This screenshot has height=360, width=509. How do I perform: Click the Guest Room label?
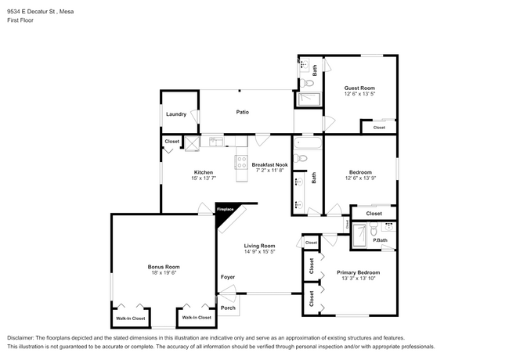(359, 88)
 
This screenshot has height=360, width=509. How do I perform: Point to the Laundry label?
(175, 114)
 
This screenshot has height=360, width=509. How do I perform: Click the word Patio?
(243, 112)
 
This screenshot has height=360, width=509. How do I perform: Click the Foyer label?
(227, 277)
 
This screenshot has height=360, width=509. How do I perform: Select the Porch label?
(228, 308)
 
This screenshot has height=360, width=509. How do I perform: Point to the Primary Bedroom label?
(357, 272)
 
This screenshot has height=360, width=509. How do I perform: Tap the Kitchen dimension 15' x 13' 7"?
(204, 178)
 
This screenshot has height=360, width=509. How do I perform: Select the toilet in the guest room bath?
(309, 82)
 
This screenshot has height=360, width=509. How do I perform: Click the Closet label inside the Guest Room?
(379, 128)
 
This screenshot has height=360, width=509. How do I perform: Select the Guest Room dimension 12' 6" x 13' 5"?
(359, 94)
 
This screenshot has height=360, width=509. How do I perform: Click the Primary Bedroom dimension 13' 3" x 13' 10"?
(357, 279)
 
